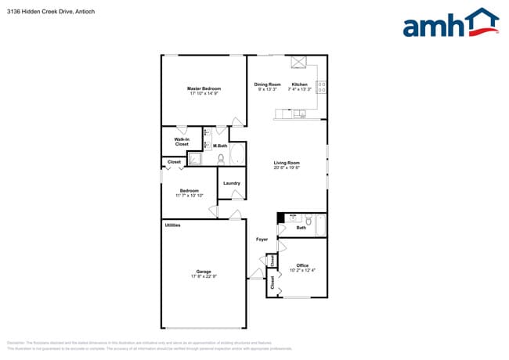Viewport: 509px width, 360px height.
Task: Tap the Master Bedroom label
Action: click(204, 88)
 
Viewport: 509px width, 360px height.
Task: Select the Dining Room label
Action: click(267, 84)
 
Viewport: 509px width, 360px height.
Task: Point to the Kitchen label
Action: click(299, 84)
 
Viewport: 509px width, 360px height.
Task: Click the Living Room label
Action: click(287, 163)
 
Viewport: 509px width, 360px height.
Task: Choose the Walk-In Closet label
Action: click(182, 142)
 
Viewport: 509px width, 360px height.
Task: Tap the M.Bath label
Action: click(220, 146)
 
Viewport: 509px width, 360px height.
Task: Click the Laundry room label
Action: click(232, 183)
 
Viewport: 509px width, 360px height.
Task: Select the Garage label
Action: click(204, 272)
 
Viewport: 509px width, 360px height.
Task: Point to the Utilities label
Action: click(172, 225)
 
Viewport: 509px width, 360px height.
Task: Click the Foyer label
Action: click(262, 239)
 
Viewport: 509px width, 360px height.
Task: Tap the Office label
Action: click(302, 265)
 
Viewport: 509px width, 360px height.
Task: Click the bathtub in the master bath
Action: click(237, 154)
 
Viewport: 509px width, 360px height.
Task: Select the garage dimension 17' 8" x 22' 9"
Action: click(204, 276)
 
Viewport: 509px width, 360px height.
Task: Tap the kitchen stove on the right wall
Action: click(322, 88)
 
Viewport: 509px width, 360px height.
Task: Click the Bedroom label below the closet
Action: click(189, 190)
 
